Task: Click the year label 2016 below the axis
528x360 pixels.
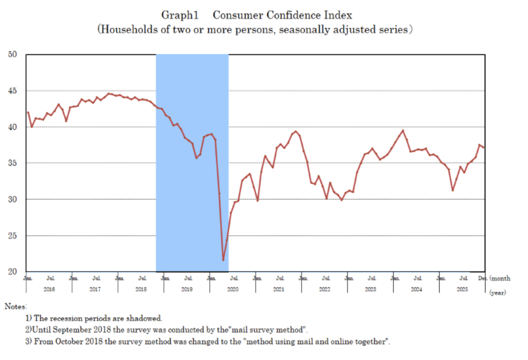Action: tap(49, 290)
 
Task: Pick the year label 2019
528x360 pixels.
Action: tap(187, 290)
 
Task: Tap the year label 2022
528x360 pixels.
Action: tap(325, 290)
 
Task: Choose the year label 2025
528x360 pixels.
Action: tap(462, 290)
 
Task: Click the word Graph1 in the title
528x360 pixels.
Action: tap(180, 15)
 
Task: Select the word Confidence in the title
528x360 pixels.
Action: tap(291, 15)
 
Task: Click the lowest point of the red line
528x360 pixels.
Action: tap(223, 260)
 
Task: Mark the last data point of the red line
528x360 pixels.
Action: tap(483, 147)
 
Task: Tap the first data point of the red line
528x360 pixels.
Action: tap(28, 112)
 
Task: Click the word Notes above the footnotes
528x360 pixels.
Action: tap(16, 306)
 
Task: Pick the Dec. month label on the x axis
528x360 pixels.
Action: tap(482, 278)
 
